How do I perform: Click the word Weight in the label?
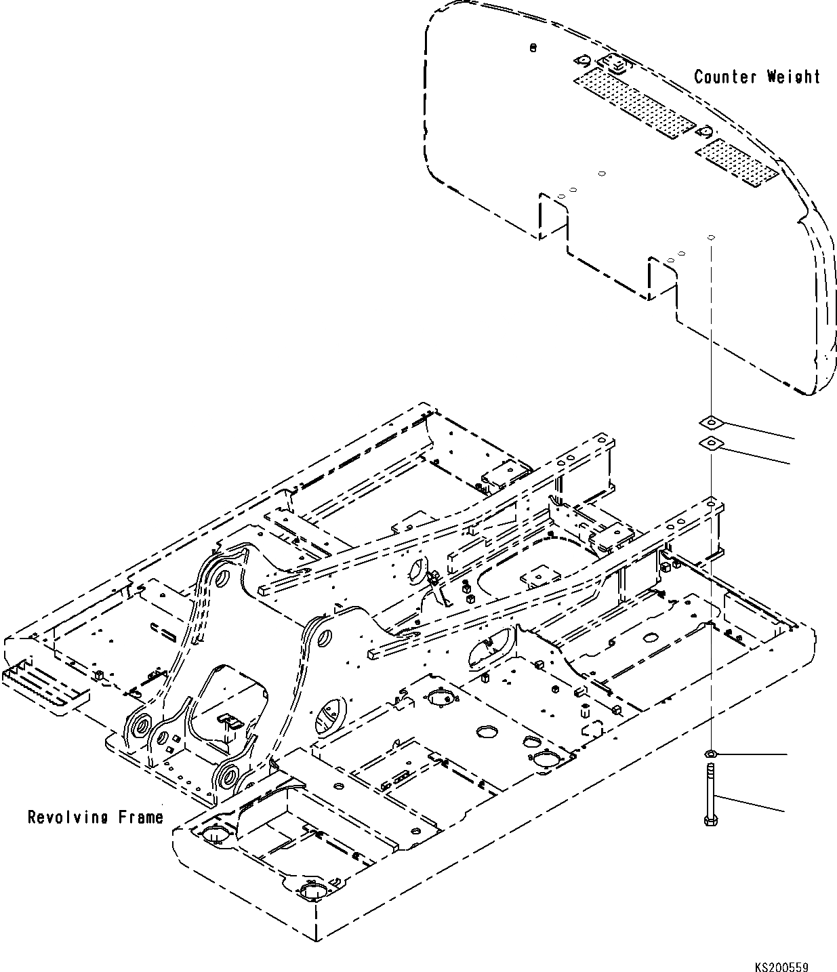tap(793, 77)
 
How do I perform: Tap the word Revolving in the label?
tap(68, 817)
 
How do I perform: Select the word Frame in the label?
tap(141, 817)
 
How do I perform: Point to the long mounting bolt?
tap(709, 793)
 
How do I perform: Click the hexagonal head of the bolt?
tap(709, 821)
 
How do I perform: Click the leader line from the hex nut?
tap(752, 754)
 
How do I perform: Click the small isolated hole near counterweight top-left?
tap(533, 48)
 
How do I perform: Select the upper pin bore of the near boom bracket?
tap(323, 638)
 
